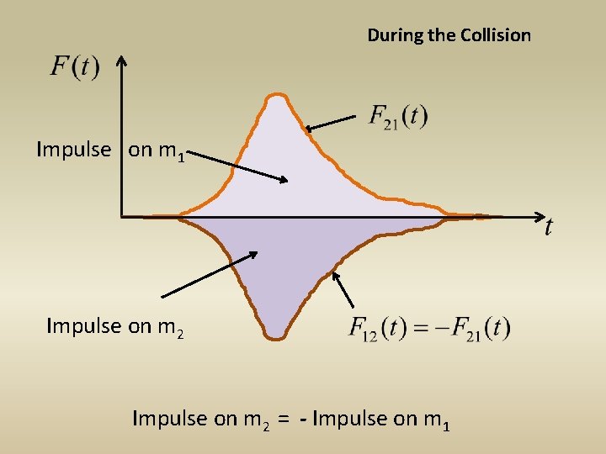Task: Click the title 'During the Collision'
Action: [449, 35]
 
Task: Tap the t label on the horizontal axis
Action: [549, 227]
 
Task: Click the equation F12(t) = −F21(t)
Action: [429, 327]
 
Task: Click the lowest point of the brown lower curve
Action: [275, 337]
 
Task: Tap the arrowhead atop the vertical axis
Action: [121, 61]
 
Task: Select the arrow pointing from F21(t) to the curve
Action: [331, 124]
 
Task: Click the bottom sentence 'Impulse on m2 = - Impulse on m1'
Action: [291, 419]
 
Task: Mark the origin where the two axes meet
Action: [122, 217]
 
